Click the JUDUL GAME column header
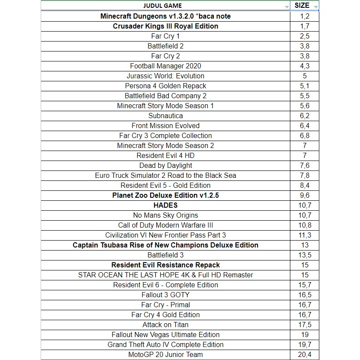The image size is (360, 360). click(162, 6)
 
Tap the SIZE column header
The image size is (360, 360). click(302, 6)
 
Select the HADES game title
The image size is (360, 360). click(165, 205)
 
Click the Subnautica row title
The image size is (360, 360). click(165, 116)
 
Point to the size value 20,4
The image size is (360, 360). click(305, 354)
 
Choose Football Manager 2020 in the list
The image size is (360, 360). click(165, 66)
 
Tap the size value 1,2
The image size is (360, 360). click(305, 16)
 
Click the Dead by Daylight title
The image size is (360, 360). click(165, 165)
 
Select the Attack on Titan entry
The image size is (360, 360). click(165, 325)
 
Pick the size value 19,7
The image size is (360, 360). click(305, 344)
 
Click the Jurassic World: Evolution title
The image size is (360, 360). click(165, 76)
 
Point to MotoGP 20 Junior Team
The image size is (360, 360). click(165, 354)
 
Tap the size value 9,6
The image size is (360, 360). click(305, 195)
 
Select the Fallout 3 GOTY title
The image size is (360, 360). click(165, 295)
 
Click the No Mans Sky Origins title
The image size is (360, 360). click(165, 215)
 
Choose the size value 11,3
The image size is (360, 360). click(305, 235)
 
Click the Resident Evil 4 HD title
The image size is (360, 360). click(165, 155)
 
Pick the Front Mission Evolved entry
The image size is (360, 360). click(165, 125)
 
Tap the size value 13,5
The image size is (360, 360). click(305, 255)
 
